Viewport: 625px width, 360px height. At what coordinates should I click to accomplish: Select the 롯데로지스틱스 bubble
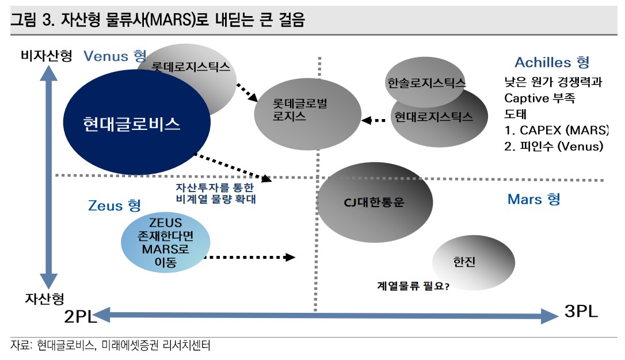coord(190,67)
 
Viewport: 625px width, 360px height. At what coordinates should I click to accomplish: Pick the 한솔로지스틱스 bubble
coord(426,82)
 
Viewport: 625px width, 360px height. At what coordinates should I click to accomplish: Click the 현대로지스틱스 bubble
coord(434,117)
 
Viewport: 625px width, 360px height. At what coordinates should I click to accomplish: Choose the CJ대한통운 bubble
coord(374,202)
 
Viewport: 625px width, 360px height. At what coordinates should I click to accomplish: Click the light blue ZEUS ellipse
coord(165,243)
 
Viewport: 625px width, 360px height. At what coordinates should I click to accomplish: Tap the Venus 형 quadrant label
coord(115,56)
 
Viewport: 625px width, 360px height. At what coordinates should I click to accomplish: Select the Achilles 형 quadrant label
coord(551,62)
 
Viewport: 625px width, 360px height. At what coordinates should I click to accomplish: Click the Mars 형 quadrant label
coord(533,199)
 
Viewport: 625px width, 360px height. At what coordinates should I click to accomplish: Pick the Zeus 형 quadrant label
coord(115,205)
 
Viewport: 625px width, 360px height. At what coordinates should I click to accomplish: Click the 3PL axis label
coord(581,312)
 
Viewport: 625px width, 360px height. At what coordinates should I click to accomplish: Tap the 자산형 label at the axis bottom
coord(44,298)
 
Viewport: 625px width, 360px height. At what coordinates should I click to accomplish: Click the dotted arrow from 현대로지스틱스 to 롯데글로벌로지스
coord(374,120)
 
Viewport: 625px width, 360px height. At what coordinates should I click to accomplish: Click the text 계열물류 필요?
coord(413,284)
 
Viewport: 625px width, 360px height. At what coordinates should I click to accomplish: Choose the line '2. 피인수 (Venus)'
coord(553,147)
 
